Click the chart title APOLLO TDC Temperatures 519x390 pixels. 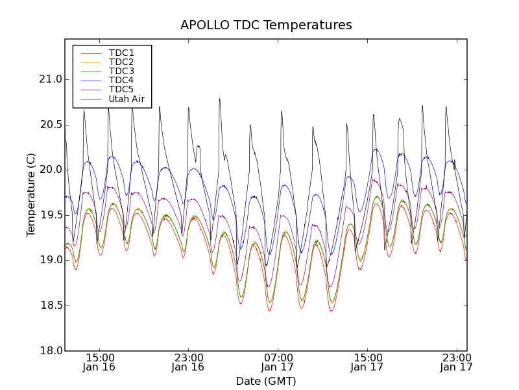[266, 25]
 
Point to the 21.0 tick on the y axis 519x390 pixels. [50, 79]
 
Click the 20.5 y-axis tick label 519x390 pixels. [50, 125]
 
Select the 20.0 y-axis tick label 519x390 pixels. [50, 170]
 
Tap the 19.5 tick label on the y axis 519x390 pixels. [50, 215]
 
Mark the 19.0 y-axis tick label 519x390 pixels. [50, 260]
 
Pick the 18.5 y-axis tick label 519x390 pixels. [50, 305]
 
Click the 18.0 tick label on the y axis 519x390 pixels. [50, 351]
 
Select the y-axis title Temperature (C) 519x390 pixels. [31, 195]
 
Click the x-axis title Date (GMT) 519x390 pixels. [266, 382]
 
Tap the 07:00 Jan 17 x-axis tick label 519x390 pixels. [278, 362]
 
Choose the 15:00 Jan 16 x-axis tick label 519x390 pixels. [99, 362]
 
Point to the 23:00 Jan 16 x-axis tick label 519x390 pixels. [188, 362]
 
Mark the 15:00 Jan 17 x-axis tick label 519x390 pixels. [367, 362]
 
